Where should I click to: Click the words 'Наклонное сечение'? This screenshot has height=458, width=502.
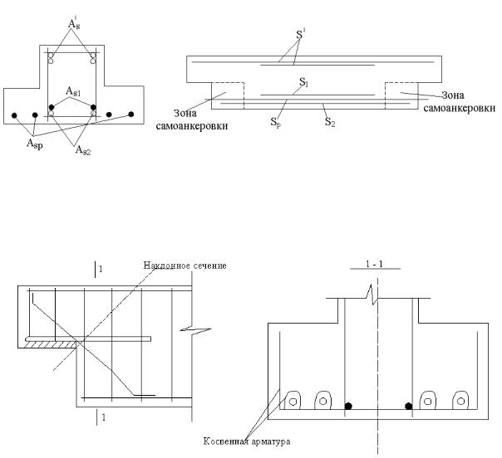click(185, 265)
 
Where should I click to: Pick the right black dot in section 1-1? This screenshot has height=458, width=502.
click(408, 407)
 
